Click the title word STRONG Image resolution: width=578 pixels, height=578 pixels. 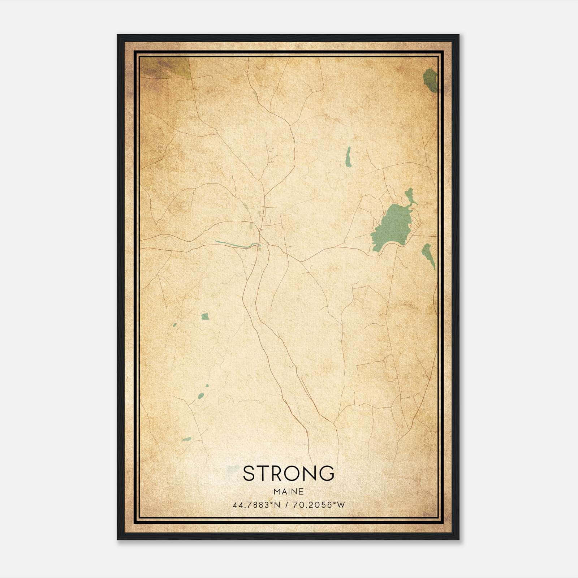pyautogui.click(x=288, y=473)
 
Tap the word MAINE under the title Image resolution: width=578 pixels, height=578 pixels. pyautogui.click(x=288, y=492)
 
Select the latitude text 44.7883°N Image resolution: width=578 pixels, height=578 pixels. pyautogui.click(x=256, y=505)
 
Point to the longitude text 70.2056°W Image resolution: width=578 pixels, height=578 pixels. pyautogui.click(x=319, y=505)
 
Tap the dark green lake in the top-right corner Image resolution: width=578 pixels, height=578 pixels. pyautogui.click(x=430, y=80)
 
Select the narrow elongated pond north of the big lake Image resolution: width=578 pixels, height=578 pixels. pyautogui.click(x=348, y=157)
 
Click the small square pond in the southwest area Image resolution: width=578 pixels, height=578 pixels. pyautogui.click(x=205, y=316)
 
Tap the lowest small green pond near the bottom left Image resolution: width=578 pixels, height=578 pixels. pyautogui.click(x=186, y=439)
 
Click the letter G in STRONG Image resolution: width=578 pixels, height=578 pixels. pyautogui.click(x=327, y=473)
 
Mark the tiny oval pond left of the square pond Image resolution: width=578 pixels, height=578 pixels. pyautogui.click(x=174, y=325)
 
